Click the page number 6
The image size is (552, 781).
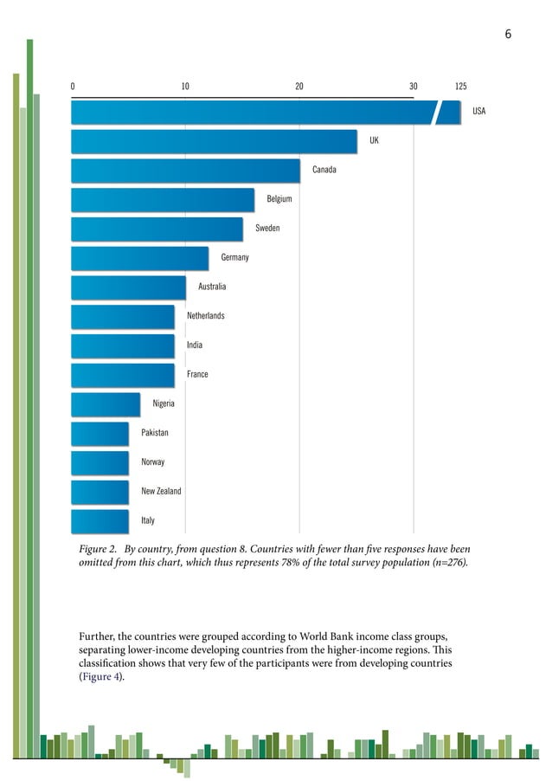(x=508, y=35)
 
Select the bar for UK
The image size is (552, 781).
(x=214, y=141)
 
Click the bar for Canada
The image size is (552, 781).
(x=185, y=171)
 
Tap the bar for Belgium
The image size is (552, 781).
(x=163, y=200)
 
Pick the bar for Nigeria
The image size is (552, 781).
(x=106, y=404)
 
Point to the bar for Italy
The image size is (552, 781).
(x=99, y=521)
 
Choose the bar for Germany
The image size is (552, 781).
(x=139, y=258)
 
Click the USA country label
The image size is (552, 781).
(x=478, y=112)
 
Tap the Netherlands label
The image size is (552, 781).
(x=206, y=316)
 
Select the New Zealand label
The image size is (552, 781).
(x=161, y=492)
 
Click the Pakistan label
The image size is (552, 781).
(x=155, y=433)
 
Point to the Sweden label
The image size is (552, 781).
(x=267, y=229)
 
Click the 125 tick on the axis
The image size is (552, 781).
(x=460, y=87)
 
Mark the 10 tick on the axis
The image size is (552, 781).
(x=185, y=87)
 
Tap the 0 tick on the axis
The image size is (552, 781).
(x=73, y=87)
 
